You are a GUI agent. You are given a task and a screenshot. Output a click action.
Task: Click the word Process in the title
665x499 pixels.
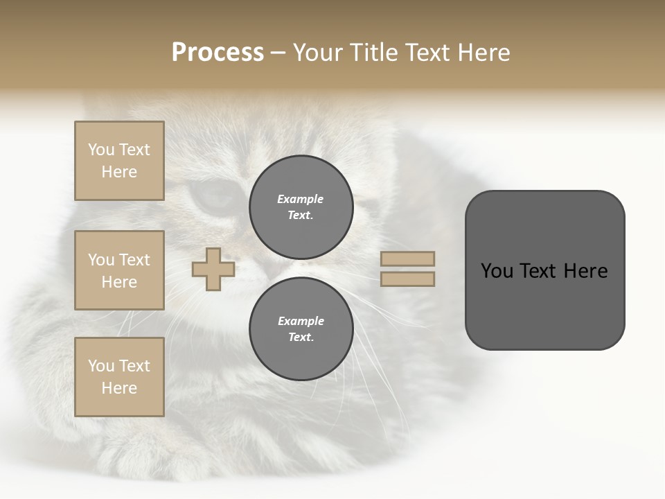coord(218,53)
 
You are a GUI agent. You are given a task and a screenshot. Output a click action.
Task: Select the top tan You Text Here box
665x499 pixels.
coord(119,161)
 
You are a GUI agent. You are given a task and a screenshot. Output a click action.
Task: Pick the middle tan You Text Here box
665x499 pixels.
coord(119,270)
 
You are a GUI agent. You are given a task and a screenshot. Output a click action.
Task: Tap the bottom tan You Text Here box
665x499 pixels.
coord(119,377)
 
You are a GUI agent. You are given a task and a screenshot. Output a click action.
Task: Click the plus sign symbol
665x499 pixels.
coord(213,269)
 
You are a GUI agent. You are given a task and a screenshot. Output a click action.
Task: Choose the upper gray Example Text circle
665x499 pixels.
coord(301,207)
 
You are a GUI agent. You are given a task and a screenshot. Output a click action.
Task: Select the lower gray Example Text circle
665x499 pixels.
coord(301,329)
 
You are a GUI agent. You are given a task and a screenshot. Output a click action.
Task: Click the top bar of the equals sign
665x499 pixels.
coord(407,259)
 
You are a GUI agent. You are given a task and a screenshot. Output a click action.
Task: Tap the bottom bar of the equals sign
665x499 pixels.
coord(407,279)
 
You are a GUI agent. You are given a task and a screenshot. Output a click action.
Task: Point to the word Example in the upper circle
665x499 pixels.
coord(301,199)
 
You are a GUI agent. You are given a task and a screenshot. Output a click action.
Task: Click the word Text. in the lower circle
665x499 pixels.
coord(301,338)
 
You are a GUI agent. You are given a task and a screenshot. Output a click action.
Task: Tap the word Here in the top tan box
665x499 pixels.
coord(119,172)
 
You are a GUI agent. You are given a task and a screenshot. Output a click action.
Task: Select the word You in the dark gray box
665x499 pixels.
coord(496,271)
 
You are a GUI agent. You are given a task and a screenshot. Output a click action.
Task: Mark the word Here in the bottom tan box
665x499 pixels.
coord(119,388)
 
